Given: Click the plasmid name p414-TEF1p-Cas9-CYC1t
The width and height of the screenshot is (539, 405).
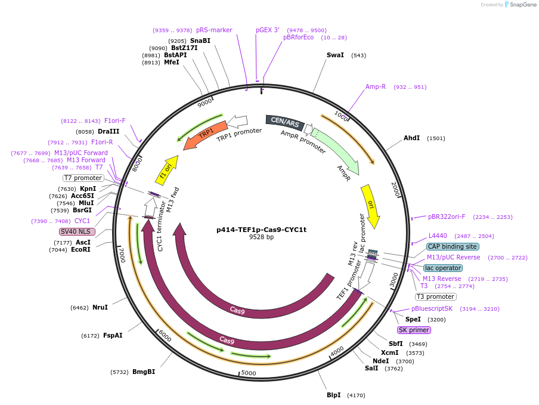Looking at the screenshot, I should pyautogui.click(x=261, y=229).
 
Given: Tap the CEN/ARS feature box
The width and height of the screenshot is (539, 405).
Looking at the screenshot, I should pyautogui.click(x=285, y=122).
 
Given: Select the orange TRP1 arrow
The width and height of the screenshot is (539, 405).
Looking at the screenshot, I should pyautogui.click(x=205, y=135).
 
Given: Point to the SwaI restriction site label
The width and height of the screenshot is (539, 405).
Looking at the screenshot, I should pyautogui.click(x=335, y=55).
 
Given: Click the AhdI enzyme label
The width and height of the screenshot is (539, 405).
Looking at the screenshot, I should pyautogui.click(x=412, y=138).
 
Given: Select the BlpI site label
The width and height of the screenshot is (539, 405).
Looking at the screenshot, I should pyautogui.click(x=334, y=395).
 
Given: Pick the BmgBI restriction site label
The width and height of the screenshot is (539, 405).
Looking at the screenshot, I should pyautogui.click(x=144, y=372).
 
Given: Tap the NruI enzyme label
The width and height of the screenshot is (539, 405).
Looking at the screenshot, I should pyautogui.click(x=100, y=307).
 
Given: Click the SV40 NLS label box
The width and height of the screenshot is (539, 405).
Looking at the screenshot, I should pyautogui.click(x=77, y=231).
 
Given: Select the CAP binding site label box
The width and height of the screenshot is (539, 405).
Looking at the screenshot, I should pyautogui.click(x=453, y=246).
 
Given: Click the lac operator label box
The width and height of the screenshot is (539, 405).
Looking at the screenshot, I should pyautogui.click(x=443, y=268).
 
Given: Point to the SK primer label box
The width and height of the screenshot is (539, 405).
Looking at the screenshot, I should pyautogui.click(x=414, y=330).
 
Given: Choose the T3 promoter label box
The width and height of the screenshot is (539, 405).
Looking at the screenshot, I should pyautogui.click(x=436, y=296).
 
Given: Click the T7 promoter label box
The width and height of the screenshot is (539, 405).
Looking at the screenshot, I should pyautogui.click(x=83, y=178).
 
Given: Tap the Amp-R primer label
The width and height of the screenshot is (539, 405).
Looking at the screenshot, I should pyautogui.click(x=376, y=86).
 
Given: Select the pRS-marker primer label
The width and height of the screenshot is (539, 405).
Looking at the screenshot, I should pyautogui.click(x=214, y=30).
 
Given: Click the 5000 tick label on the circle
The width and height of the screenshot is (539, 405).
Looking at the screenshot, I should pyautogui.click(x=249, y=373).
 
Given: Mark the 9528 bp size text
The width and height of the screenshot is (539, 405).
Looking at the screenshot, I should pyautogui.click(x=261, y=237).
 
